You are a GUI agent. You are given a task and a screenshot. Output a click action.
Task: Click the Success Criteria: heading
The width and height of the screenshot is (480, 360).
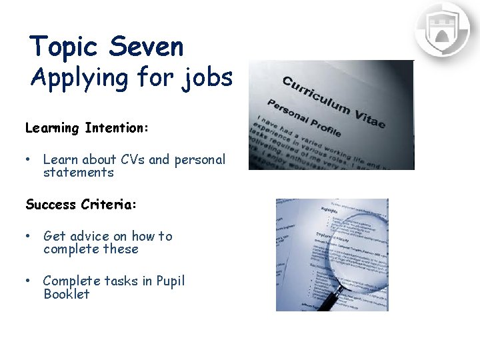point(81,205)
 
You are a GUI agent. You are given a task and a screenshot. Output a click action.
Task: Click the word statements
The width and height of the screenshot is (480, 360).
point(79,173)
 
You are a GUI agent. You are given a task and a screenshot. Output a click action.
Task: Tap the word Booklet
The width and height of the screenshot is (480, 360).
point(66,294)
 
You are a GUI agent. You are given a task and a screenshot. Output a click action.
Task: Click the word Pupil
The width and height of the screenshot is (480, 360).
point(170,281)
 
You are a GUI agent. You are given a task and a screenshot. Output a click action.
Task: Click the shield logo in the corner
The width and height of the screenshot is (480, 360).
point(442,30)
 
